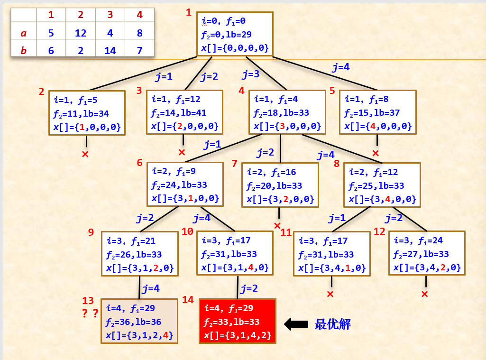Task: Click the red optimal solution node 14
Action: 237,321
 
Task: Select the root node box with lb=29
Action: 235,34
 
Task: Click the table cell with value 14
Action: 110,50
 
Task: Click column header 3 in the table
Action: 110,15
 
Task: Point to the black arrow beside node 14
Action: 296,324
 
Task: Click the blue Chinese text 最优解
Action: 332,324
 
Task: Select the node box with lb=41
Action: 184,112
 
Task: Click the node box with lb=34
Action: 87,113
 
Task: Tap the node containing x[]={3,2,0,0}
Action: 280,185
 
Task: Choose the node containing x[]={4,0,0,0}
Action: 377,112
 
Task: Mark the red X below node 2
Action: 85,154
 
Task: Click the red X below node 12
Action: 424,294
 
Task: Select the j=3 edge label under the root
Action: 251,74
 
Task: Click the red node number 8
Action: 337,164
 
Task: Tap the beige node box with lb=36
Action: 139,321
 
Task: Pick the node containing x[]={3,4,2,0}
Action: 427,253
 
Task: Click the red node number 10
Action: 187,231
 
